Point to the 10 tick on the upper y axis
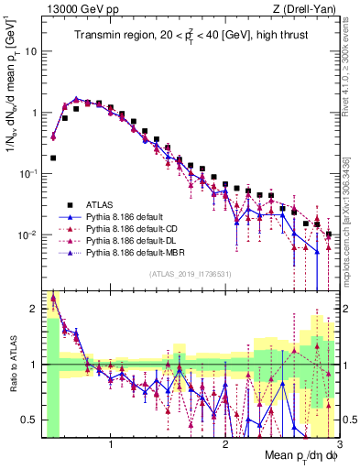pyautogui.click(x=33, y=51)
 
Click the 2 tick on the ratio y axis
pyautogui.click(x=35, y=308)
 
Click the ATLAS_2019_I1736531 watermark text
pyautogui.click(x=191, y=274)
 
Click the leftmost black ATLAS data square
pyautogui.click(x=53, y=158)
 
